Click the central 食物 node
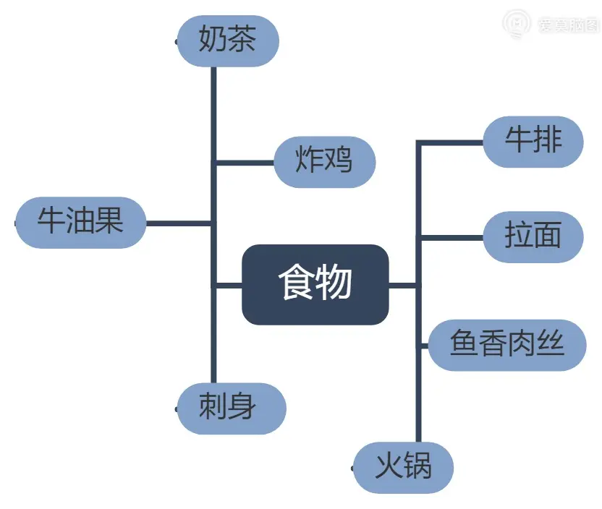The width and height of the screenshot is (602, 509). [315, 284]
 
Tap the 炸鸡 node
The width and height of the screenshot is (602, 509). [324, 161]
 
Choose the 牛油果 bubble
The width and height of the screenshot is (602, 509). [81, 222]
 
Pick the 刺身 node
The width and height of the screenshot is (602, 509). [231, 408]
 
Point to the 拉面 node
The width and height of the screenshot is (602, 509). [533, 236]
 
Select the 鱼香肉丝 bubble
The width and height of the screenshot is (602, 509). [506, 345]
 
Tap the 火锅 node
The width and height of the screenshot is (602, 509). [403, 467]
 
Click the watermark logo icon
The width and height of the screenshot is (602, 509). [516, 25]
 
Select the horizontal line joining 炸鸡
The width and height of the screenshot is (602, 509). [244, 162]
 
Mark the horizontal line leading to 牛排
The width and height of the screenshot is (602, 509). [449, 142]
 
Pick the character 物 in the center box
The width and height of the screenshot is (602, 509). [334, 283]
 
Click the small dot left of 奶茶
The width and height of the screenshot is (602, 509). [177, 42]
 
